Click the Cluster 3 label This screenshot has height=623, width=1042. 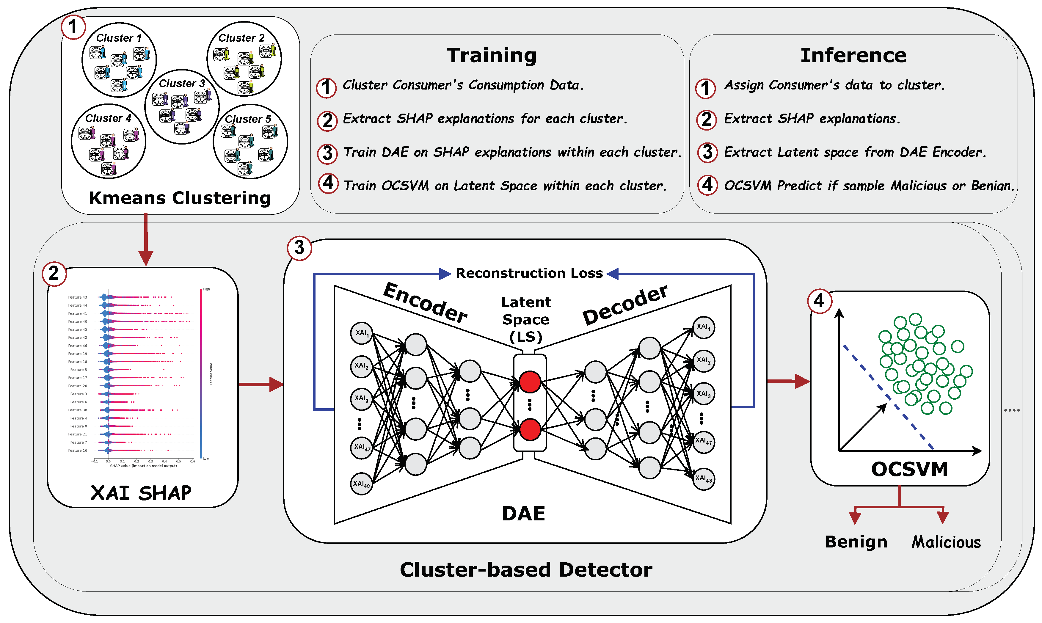[x=182, y=84]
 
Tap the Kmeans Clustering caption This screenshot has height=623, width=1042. [x=180, y=198]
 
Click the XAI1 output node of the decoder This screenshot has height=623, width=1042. [x=703, y=327]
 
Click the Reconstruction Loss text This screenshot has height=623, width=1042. [x=529, y=273]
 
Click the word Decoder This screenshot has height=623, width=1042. [x=625, y=305]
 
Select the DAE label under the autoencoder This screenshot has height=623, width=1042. [x=523, y=514]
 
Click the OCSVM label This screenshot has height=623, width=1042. [x=909, y=469]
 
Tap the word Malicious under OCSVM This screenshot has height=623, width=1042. [x=946, y=542]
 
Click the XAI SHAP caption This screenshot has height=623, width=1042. [x=141, y=493]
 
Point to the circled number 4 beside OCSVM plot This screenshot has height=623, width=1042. [x=819, y=301]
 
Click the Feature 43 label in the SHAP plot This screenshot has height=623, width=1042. [x=78, y=297]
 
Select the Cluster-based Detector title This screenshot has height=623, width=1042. [x=526, y=570]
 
